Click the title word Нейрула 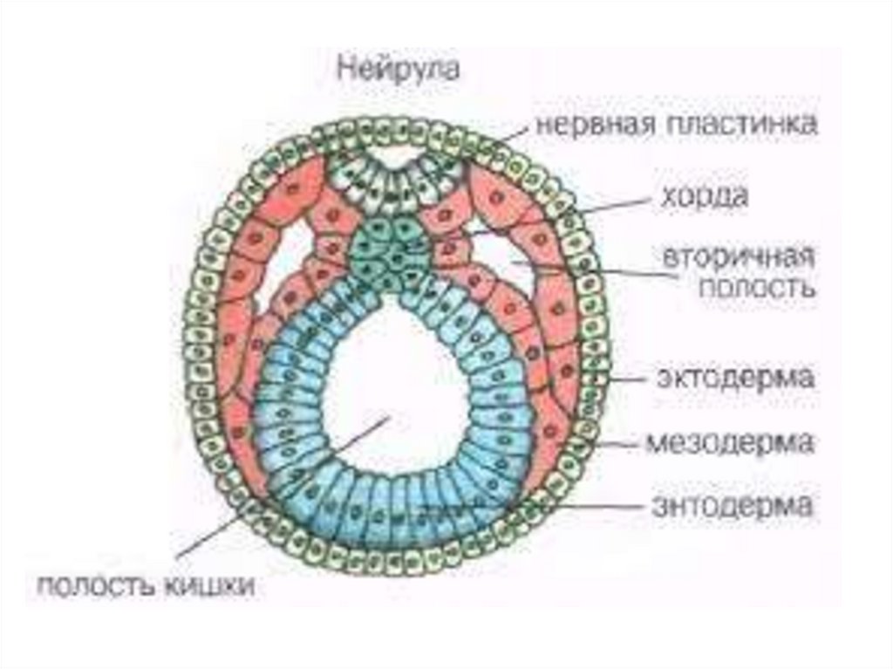point(398,70)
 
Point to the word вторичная point(739,258)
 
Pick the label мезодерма point(731,442)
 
